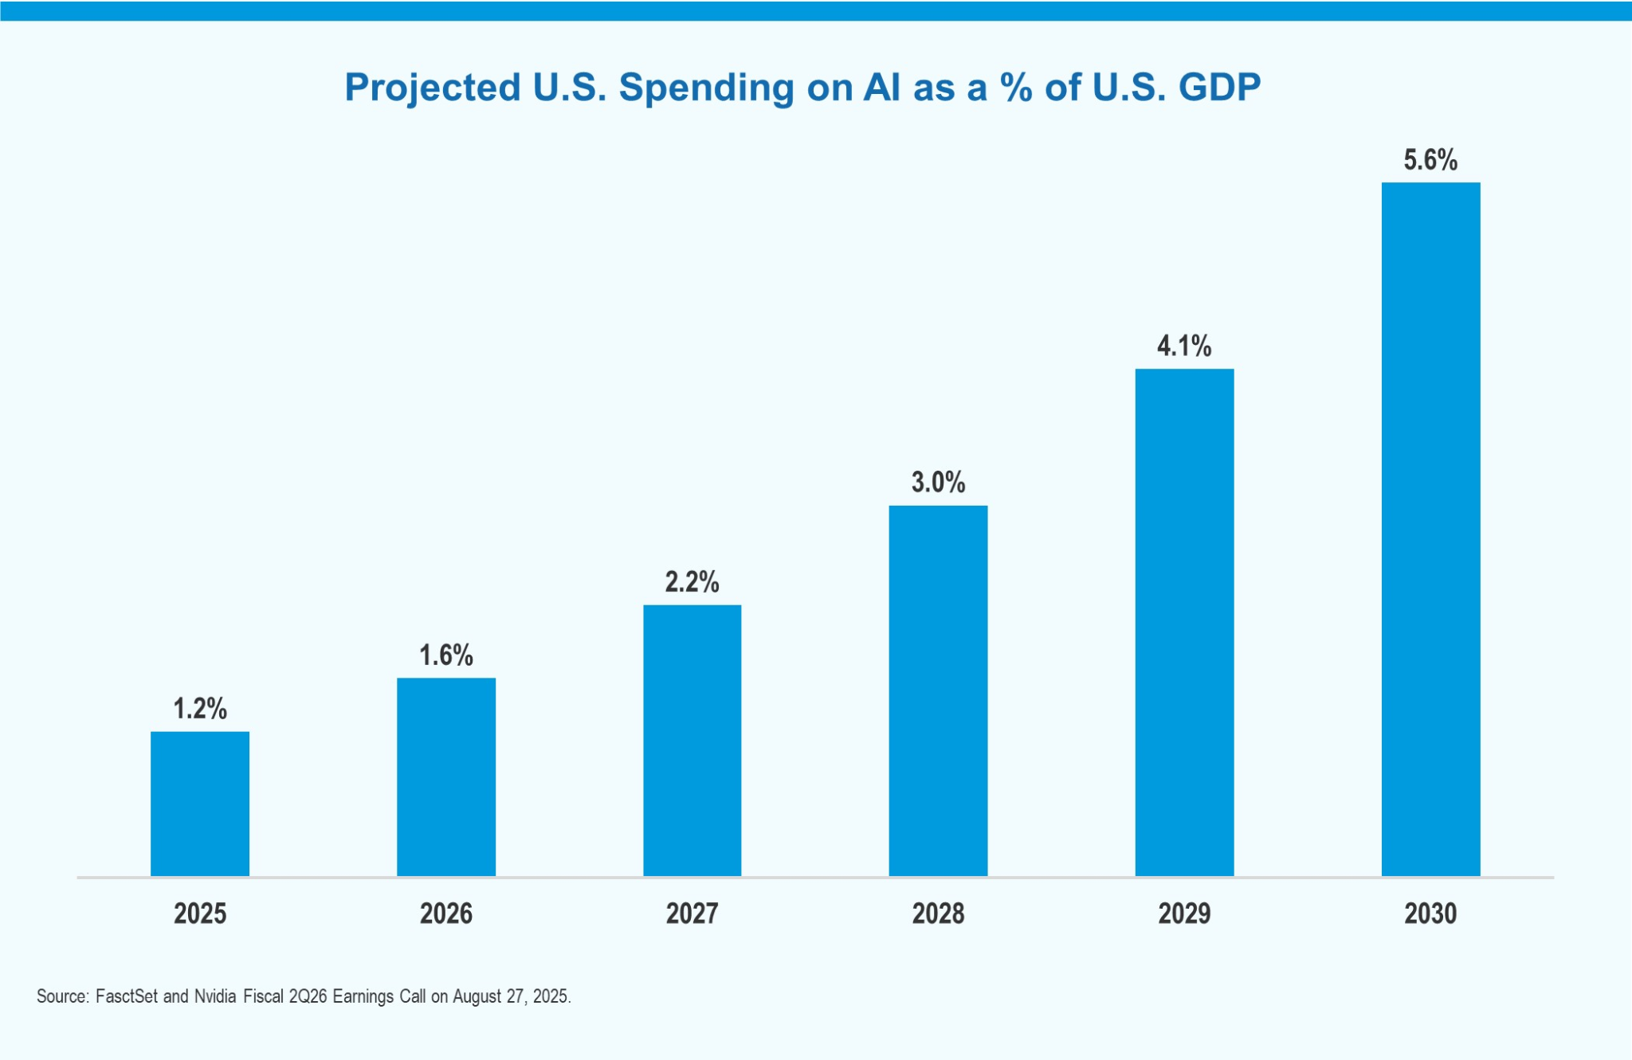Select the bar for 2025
point(200,804)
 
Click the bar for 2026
point(446,777)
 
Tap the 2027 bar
point(692,741)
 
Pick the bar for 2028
point(939,691)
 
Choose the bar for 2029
point(1185,623)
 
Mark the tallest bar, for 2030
point(1431,530)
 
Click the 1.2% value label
point(200,708)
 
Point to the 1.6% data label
point(446,655)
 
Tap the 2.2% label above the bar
point(692,581)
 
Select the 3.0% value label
point(939,482)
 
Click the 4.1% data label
point(1185,346)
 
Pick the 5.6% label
point(1431,159)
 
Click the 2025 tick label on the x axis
point(200,913)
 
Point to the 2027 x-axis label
point(692,913)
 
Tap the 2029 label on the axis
point(1185,913)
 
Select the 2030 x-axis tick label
point(1431,913)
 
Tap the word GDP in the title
point(1220,87)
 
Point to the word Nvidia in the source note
point(215,996)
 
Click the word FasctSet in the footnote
point(127,996)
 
